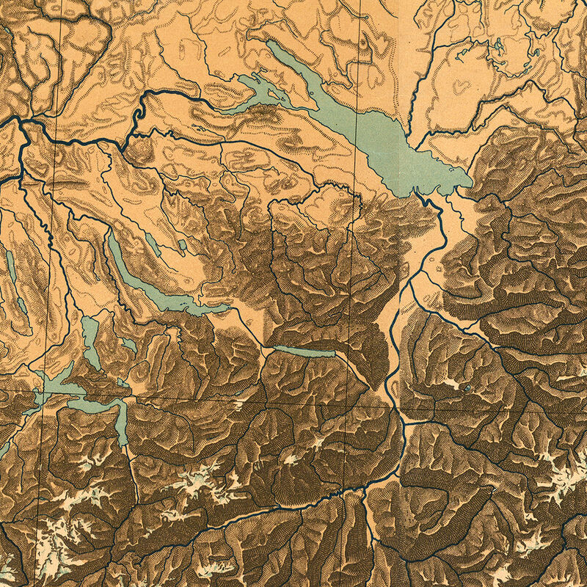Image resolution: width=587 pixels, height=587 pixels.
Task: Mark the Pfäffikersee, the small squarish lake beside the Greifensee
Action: click(181, 244)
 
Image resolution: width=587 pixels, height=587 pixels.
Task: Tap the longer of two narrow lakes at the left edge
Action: click(9, 264)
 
